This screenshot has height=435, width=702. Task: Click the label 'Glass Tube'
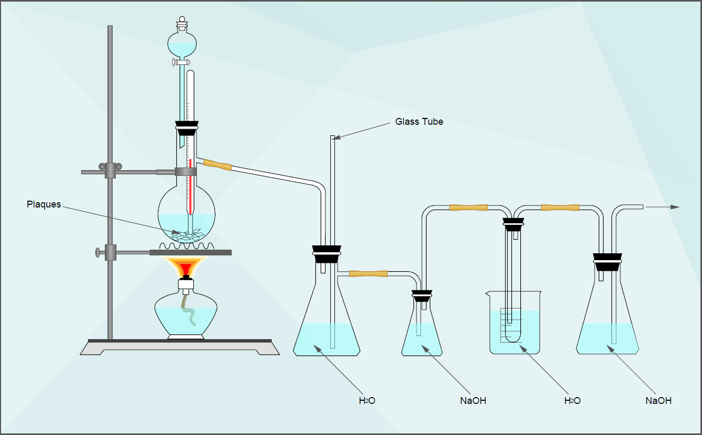(419, 122)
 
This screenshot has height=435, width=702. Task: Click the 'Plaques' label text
(44, 204)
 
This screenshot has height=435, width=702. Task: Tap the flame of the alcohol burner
(185, 266)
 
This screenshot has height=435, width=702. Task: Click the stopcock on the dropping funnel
(181, 62)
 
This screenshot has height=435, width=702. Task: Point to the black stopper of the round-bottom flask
(187, 128)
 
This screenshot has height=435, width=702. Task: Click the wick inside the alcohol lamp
(189, 310)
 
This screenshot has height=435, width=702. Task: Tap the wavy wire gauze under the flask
(187, 246)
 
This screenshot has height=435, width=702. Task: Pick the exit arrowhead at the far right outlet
(675, 207)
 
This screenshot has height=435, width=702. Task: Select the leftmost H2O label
(367, 401)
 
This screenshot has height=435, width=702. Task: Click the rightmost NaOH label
(658, 401)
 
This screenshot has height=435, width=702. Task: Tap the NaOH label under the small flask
(473, 401)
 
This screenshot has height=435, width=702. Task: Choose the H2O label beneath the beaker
(572, 401)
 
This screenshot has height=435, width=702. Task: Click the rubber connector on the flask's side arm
(217, 165)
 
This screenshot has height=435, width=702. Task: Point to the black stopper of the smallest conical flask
(422, 295)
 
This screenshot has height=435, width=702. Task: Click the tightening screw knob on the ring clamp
(97, 252)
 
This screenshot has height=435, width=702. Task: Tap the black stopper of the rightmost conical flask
(607, 262)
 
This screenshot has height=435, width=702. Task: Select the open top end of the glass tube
(332, 137)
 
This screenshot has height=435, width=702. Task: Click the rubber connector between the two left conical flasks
(368, 274)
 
